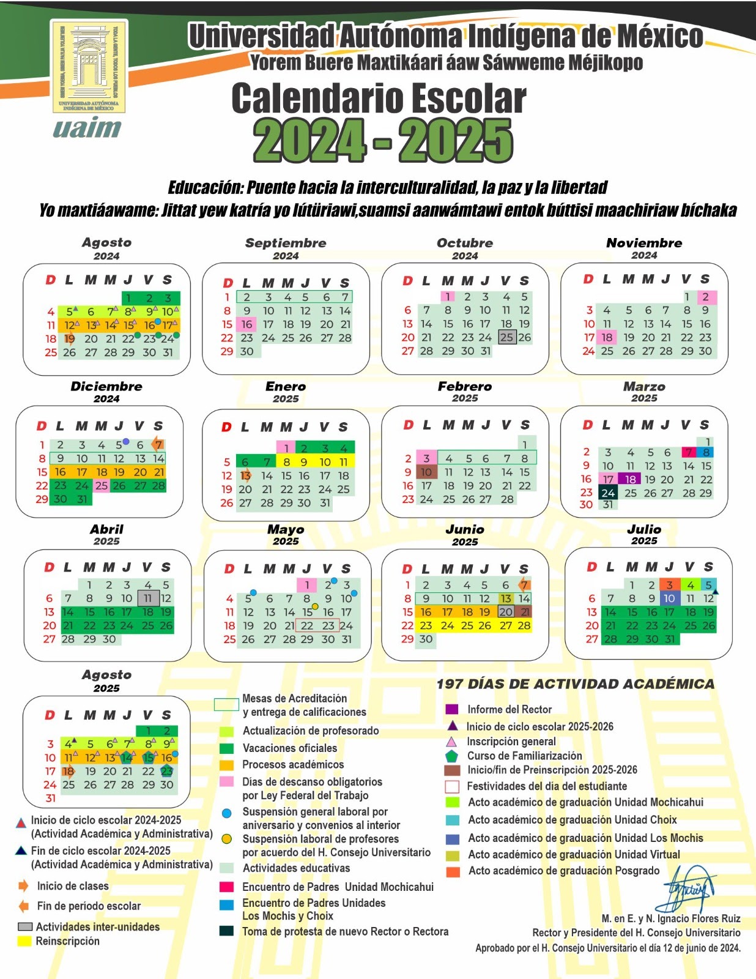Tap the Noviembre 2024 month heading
[x=644, y=243]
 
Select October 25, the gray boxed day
[x=506, y=337]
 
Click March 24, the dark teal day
[x=608, y=493]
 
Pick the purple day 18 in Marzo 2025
[x=630, y=479]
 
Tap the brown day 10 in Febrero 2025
[x=426, y=472]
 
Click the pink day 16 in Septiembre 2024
[x=246, y=324]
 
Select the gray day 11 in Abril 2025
[x=148, y=598]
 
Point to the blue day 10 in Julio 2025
[x=669, y=598]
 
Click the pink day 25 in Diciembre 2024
[x=102, y=486]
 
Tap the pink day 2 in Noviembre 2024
[x=705, y=297]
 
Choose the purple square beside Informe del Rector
[x=452, y=709]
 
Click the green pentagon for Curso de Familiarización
[x=452, y=756]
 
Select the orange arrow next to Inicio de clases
[x=23, y=886]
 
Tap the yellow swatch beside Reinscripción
[x=24, y=942]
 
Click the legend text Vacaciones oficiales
[x=290, y=748]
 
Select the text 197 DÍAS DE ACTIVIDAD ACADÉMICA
[x=576, y=684]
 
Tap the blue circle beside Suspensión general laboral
[x=226, y=813]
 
